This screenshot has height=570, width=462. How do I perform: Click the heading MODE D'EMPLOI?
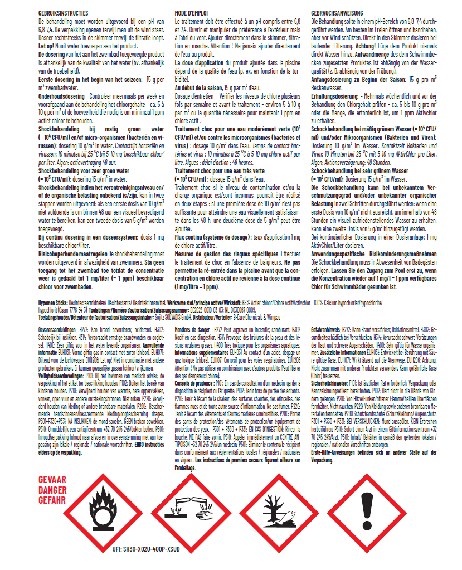coord(192,12)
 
